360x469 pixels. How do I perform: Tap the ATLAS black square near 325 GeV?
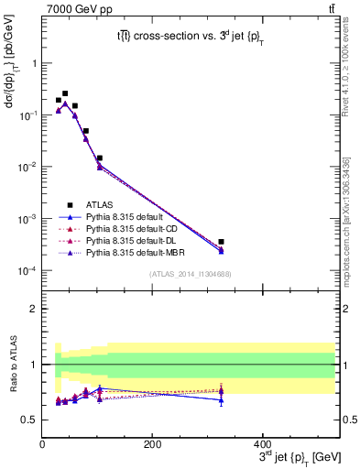click(299, 242)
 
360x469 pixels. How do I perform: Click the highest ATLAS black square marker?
click(64, 93)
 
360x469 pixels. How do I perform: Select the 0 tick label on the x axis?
click(42, 446)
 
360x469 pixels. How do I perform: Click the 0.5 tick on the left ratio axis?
click(28, 420)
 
